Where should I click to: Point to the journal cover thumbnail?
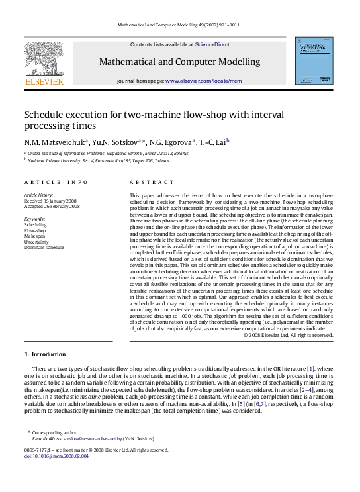point(313,60)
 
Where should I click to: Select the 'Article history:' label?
point(38,195)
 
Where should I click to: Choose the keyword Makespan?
point(35,235)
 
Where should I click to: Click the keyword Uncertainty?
point(36,241)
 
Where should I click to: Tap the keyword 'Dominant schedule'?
point(44,246)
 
